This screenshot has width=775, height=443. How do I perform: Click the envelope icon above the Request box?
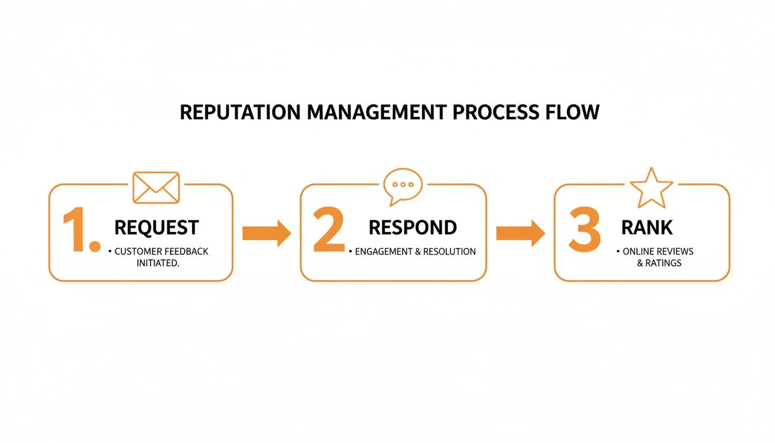coord(156,187)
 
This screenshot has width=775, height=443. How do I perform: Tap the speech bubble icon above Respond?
coord(402,186)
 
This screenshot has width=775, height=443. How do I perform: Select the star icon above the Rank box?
coord(651,187)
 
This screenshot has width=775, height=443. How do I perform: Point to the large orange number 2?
coord(329,232)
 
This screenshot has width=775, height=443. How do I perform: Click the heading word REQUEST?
coord(156,227)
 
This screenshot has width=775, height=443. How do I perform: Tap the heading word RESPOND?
coord(412,227)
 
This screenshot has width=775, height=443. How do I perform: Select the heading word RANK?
coord(646,227)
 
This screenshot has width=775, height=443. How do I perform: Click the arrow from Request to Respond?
coord(266,233)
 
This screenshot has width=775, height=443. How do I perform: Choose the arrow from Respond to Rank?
coord(520,233)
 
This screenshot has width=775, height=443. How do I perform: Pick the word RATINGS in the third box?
coord(664,263)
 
